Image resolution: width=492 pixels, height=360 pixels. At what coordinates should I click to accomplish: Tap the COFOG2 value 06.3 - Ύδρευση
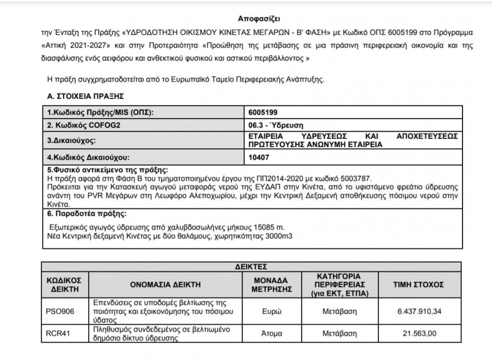(276, 125)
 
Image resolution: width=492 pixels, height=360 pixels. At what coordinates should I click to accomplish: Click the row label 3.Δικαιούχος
(72, 141)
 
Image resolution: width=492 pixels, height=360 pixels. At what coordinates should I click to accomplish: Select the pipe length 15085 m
(269, 226)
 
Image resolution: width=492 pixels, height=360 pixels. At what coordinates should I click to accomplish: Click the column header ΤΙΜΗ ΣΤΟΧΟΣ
(419, 285)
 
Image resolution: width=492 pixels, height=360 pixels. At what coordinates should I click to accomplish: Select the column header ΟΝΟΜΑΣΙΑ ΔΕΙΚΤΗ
(165, 285)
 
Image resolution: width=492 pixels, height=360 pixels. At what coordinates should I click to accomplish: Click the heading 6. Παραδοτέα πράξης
(87, 214)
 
